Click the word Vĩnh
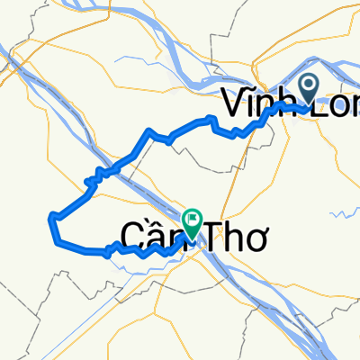pos(256,106)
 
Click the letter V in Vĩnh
pos(232,107)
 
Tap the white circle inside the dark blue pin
pos(309,86)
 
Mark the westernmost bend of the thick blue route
pos(51,216)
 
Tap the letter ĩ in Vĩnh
pos(247,106)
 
